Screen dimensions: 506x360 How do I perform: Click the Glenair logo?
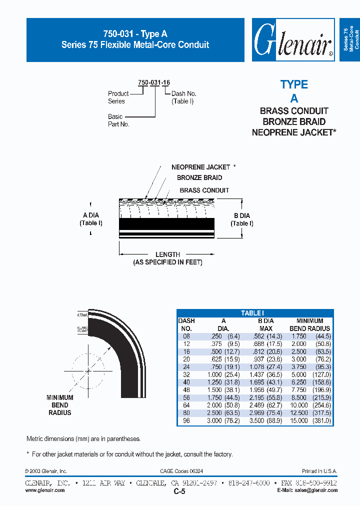[x=293, y=40]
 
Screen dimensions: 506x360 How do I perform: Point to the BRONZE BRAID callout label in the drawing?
[x=199, y=177]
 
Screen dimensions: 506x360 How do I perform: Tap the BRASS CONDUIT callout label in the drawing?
[x=204, y=190]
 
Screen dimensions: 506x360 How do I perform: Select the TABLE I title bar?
[x=255, y=313]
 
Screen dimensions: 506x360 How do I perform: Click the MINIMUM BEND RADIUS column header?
[x=309, y=324]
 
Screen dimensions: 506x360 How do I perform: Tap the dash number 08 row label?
[x=186, y=336]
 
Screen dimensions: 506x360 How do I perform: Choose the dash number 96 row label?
[x=186, y=421]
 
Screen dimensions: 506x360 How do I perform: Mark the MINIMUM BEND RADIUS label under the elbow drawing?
[x=59, y=405]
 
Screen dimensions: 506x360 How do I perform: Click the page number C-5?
[x=179, y=491]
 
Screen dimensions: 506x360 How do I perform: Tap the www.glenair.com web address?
[x=45, y=490]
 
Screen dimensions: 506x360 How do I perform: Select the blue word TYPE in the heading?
[x=294, y=84]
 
